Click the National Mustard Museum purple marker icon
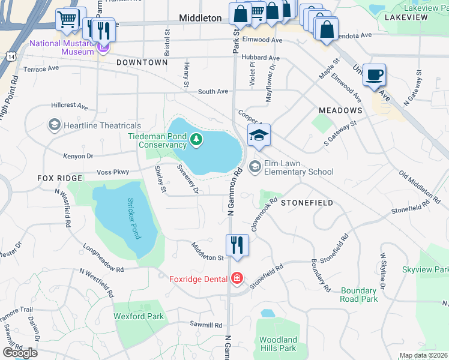[x=103, y=47]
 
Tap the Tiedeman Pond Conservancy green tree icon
[x=196, y=140]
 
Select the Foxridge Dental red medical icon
[x=237, y=278]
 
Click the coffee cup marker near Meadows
[x=374, y=76]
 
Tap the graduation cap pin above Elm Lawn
[x=259, y=136]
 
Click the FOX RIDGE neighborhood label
[x=59, y=178]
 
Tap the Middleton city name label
[x=200, y=18]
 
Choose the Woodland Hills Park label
[x=278, y=344]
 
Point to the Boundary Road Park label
[x=358, y=294]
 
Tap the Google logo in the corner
[x=20, y=352]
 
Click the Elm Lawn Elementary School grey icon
[x=255, y=166]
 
